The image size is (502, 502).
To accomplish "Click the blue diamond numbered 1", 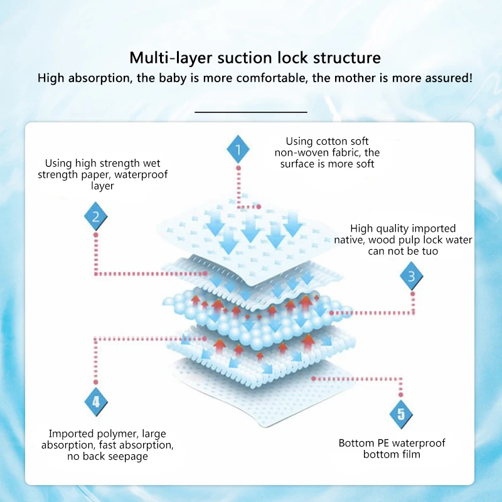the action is pos(238,150).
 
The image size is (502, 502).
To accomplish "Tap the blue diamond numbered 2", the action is pos(96,217).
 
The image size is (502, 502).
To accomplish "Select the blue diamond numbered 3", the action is pos(412,276).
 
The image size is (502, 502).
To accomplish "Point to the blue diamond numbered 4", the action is pos(96,402).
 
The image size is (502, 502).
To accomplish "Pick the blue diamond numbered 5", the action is pos(402,414).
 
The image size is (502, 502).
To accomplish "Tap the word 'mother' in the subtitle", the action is pos(355,78).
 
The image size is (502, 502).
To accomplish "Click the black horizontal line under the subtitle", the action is pos(251,112).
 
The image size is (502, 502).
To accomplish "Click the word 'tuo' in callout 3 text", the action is pos(430,251).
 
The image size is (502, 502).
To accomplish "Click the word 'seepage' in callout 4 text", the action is pos(127,456).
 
